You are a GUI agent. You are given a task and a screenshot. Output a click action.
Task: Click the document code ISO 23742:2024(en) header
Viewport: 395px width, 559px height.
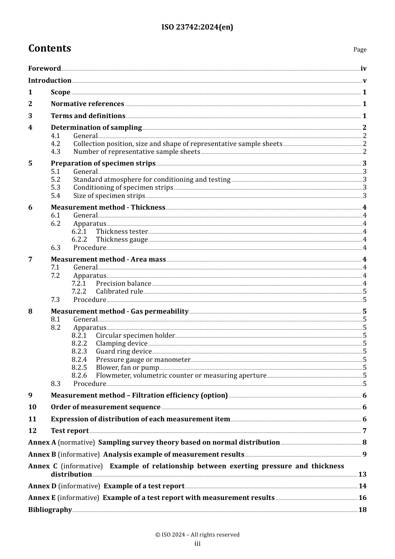pyautogui.click(x=197, y=27)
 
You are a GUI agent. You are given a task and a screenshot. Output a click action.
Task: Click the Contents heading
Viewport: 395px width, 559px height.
pyautogui.click(x=49, y=48)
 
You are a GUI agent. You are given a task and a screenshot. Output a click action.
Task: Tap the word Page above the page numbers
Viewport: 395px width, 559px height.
pyautogui.click(x=360, y=49)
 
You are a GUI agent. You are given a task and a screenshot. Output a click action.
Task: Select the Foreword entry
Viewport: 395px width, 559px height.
pyautogui.click(x=44, y=69)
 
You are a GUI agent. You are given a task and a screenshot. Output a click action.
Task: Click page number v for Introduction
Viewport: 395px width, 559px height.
pyautogui.click(x=364, y=81)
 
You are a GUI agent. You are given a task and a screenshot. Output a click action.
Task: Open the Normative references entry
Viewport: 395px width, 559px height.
pyautogui.click(x=87, y=104)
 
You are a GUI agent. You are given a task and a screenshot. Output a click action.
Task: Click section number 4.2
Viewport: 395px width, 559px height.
pyautogui.click(x=56, y=144)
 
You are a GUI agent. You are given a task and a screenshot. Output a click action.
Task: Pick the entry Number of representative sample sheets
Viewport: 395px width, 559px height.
pyautogui.click(x=137, y=152)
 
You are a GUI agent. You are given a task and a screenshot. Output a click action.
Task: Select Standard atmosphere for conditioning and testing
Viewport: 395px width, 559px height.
pyautogui.click(x=152, y=180)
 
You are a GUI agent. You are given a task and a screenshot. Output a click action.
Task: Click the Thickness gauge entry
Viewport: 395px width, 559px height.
pyautogui.click(x=122, y=240)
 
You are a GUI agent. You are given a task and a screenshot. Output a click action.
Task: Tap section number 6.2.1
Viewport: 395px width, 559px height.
pyautogui.click(x=79, y=232)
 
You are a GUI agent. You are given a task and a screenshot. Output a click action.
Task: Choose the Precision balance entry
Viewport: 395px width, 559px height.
pyautogui.click(x=123, y=284)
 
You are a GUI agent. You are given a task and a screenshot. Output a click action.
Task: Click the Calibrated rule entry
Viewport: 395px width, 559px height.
pyautogui.click(x=119, y=292)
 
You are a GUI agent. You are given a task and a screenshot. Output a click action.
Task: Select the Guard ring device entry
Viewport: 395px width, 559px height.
pyautogui.click(x=123, y=351)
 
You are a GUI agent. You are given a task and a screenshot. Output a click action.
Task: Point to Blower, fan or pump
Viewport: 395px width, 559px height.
pyautogui.click(x=127, y=368)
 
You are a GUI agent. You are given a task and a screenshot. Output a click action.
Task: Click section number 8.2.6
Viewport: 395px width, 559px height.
pyautogui.click(x=79, y=376)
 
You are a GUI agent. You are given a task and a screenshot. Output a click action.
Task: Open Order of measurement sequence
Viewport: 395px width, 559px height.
pyautogui.click(x=106, y=407)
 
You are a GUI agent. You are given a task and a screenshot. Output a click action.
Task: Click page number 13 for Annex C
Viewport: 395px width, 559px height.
pyautogui.click(x=362, y=475)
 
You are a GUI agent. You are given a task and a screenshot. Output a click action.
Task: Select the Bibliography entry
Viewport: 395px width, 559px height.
pyautogui.click(x=50, y=510)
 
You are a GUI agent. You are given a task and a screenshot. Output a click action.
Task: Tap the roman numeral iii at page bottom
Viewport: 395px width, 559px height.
pyautogui.click(x=197, y=544)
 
